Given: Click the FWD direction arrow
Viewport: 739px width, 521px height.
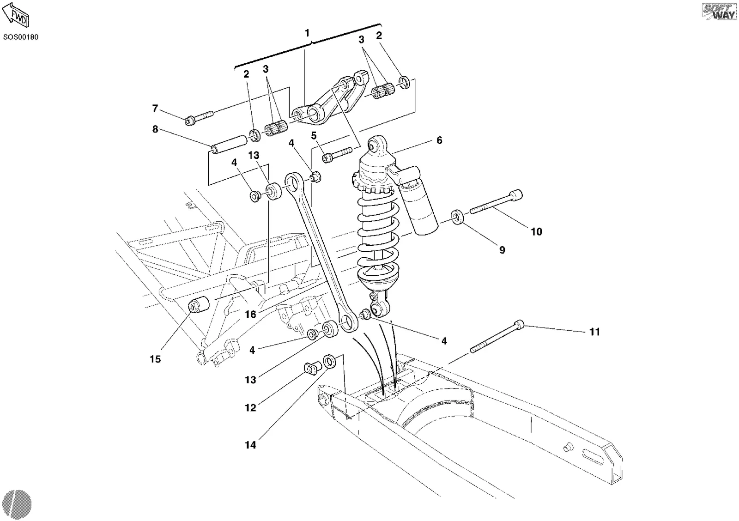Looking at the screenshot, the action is [16, 15].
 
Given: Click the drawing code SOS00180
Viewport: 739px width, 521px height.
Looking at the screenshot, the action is [21, 37].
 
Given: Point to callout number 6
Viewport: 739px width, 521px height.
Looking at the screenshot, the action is [439, 140].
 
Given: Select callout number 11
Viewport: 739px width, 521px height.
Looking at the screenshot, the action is [594, 332].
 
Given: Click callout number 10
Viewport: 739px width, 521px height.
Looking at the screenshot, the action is [536, 231].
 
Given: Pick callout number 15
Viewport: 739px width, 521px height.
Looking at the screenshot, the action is [155, 359].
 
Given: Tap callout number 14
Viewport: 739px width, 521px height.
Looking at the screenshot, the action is [250, 445].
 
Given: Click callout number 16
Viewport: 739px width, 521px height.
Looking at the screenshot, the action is [250, 314].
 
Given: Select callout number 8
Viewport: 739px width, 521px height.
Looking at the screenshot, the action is [155, 129].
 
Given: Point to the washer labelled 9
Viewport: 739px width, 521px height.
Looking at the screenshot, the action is [457, 217].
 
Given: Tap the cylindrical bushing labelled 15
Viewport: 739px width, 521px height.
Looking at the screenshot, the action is [199, 305].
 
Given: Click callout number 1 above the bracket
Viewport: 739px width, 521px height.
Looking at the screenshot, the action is [307, 33].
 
